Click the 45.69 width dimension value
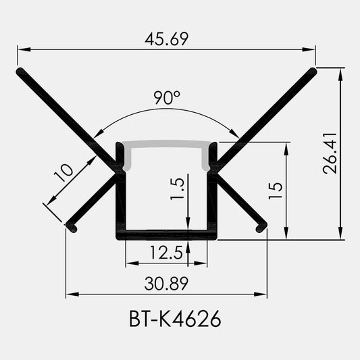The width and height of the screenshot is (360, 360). tap(166, 38)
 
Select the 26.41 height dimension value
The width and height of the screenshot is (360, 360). tap(330, 153)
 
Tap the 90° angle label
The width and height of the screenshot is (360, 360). tap(167, 97)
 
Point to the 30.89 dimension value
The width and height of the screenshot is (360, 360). tap(166, 284)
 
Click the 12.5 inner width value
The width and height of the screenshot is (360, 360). tap(166, 253)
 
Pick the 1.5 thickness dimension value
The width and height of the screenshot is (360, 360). tap(177, 188)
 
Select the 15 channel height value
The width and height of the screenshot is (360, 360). tap(276, 190)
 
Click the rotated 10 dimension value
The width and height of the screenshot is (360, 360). tap(63, 172)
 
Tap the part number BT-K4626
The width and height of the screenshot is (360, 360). tap(175, 319)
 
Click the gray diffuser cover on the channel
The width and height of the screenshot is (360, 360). tap(167, 144)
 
